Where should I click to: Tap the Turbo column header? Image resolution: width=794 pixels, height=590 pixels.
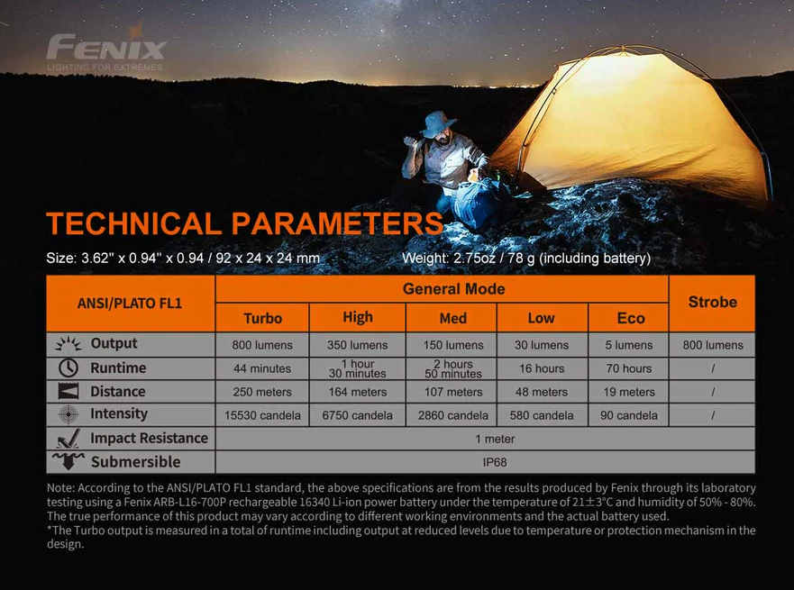click(262, 318)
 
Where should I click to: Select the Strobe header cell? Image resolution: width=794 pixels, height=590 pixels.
click(712, 303)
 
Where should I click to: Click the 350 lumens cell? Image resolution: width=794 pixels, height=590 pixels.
click(357, 345)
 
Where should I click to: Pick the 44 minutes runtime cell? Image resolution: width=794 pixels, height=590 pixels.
click(262, 368)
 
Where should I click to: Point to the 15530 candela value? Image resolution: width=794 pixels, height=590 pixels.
click(262, 415)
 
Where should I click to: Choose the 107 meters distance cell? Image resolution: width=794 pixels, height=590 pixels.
click(453, 392)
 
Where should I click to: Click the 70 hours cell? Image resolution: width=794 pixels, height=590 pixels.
click(629, 368)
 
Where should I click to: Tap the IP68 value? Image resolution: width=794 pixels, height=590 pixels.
click(495, 462)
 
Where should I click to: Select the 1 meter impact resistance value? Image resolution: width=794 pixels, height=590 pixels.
click(495, 439)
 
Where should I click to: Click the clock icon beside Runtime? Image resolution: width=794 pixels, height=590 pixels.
click(68, 368)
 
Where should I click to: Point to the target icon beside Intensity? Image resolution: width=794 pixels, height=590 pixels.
click(68, 414)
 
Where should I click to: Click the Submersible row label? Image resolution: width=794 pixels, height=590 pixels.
click(136, 462)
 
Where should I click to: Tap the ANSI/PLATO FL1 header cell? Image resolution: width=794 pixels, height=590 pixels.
click(131, 303)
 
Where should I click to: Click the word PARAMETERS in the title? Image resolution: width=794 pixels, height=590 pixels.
click(337, 223)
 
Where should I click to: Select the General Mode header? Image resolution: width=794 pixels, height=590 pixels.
click(453, 289)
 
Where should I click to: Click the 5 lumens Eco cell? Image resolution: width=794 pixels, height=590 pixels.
click(629, 345)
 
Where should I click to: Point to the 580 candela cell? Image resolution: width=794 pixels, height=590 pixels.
click(542, 415)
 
